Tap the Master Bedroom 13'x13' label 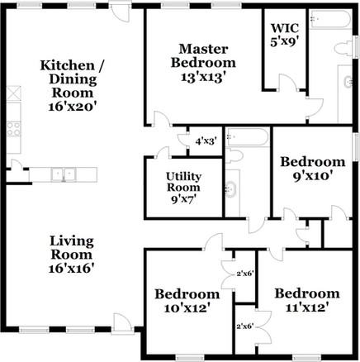click(203, 62)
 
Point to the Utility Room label click(183, 188)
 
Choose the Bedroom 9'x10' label click(311, 169)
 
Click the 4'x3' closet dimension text click(205, 141)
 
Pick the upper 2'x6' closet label click(244, 273)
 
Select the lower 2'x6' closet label click(244, 326)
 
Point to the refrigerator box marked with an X click(12, 92)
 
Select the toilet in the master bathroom click(343, 50)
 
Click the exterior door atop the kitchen click(121, 13)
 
